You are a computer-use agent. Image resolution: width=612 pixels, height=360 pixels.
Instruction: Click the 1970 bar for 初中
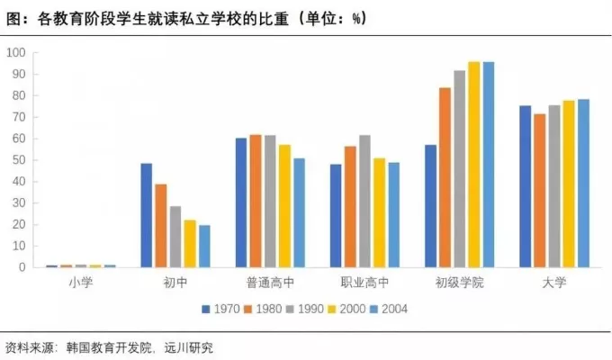146,215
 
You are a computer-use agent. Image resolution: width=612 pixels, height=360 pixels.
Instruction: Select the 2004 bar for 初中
204,246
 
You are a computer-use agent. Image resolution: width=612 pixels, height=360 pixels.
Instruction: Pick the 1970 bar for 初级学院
430,206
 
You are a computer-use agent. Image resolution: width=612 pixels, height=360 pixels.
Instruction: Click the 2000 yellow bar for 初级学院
473,165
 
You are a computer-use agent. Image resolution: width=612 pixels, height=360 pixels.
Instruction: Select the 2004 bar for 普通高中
299,212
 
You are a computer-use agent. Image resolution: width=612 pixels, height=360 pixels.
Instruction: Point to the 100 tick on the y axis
16,52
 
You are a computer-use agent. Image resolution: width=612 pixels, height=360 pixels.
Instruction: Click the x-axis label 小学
80,283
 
